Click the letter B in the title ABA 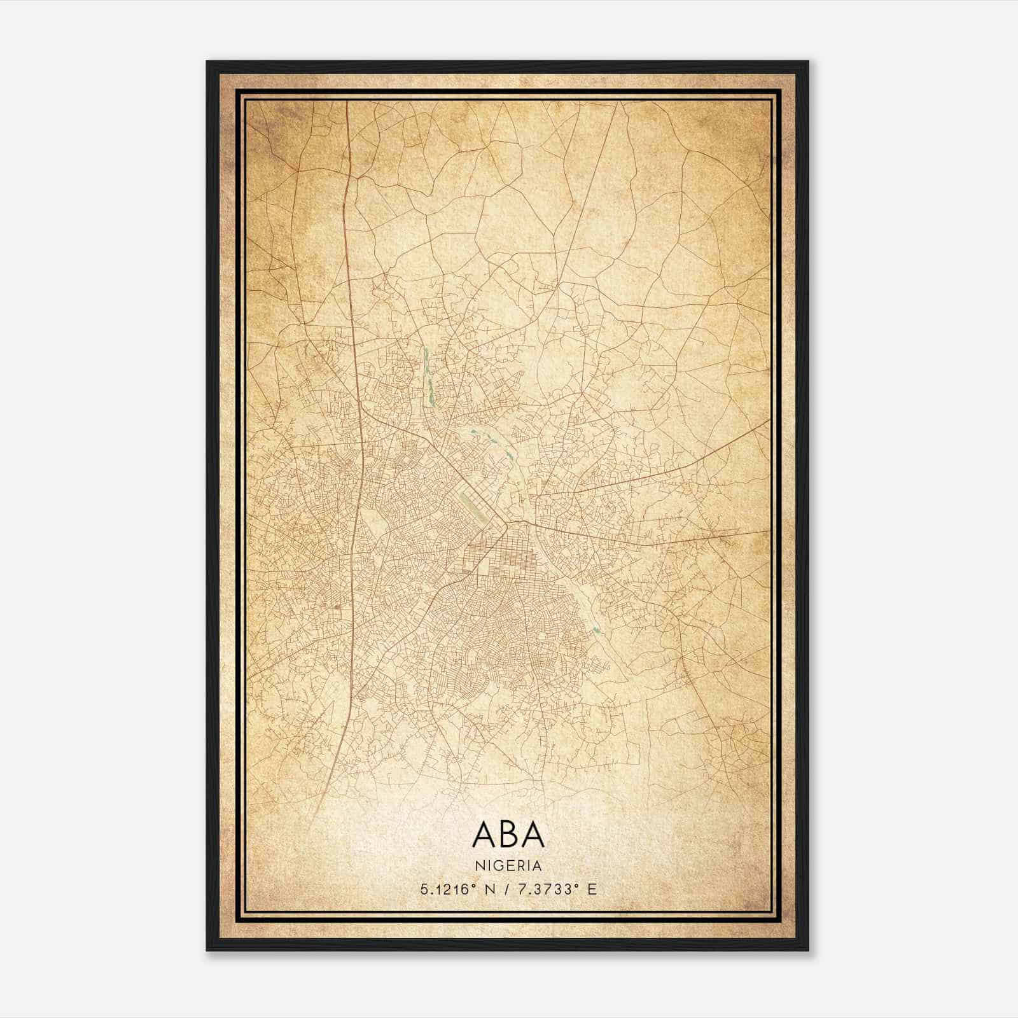pos(509,835)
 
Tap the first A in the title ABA pos(485,835)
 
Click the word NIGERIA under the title pos(508,866)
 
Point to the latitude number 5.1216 pos(445,889)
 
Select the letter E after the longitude pos(592,889)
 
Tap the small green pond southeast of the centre pos(594,627)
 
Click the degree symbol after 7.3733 pos(575,886)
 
